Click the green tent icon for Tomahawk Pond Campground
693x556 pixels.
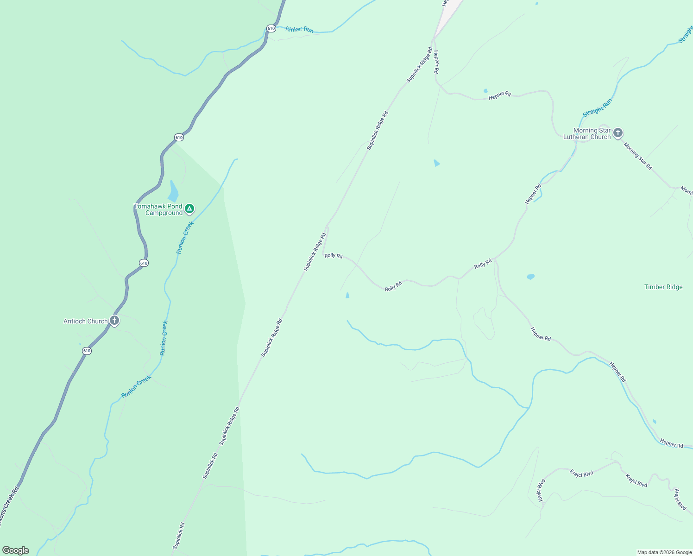click(x=189, y=209)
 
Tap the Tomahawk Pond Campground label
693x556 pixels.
click(x=158, y=210)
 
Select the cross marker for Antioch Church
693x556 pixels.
click(x=114, y=320)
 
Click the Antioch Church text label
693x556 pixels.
click(x=86, y=321)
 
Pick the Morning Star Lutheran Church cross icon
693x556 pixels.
click(x=617, y=133)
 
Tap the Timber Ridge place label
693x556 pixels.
click(x=663, y=287)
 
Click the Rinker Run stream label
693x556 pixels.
click(x=299, y=30)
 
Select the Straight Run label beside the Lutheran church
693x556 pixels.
click(x=597, y=107)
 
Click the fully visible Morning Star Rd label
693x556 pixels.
click(x=637, y=156)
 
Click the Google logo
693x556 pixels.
click(x=15, y=550)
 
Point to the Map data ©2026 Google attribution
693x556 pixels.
click(x=664, y=552)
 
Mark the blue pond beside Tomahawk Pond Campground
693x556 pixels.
click(x=173, y=191)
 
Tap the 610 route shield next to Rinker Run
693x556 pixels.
click(x=271, y=28)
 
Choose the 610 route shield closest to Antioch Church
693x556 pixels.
click(x=87, y=351)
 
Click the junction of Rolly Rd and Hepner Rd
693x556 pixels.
click(x=494, y=258)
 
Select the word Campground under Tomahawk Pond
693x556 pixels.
click(x=164, y=213)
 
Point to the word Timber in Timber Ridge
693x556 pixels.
click(x=654, y=287)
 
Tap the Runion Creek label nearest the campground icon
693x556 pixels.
click(x=184, y=238)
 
